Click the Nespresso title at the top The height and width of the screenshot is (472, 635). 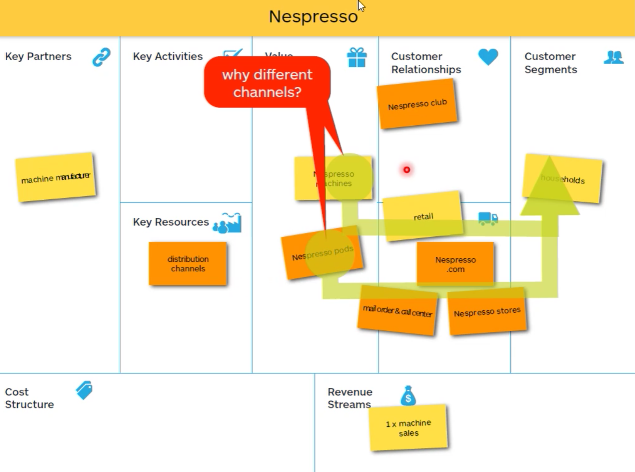pos(313,16)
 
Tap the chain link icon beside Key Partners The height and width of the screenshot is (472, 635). pos(101,57)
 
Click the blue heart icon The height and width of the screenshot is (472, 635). pos(488,56)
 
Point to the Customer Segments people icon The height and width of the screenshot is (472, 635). pos(613,57)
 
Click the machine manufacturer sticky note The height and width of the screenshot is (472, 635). pos(56,178)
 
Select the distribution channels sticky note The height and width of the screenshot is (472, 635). pos(188,264)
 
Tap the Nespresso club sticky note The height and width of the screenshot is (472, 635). pos(417,104)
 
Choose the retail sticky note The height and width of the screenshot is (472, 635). pos(423,216)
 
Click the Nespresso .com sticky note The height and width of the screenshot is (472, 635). pos(455,264)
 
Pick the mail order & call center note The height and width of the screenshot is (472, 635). pos(397,311)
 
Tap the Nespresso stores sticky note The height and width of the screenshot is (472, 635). pos(487,312)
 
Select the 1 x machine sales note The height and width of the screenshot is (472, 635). pos(408,428)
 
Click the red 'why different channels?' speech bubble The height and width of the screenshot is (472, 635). pos(267,83)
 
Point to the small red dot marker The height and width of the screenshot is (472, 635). pos(407,170)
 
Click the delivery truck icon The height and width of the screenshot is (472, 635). pos(488,219)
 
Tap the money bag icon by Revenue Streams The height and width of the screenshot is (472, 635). pos(408,396)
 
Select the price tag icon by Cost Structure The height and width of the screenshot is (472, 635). pos(84,390)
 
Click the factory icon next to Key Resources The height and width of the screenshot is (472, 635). pos(228,223)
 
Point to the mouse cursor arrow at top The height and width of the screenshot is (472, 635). pos(361,6)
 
